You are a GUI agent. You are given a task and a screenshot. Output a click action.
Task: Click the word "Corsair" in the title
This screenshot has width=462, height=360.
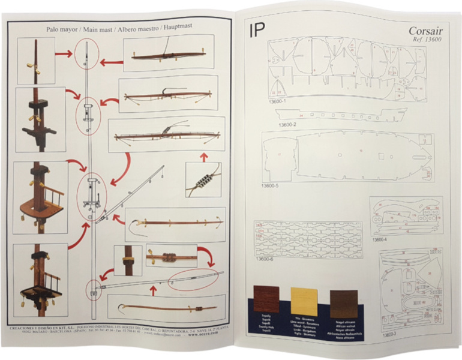(426, 31)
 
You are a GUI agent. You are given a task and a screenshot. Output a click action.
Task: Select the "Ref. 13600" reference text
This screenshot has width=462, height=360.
(426, 40)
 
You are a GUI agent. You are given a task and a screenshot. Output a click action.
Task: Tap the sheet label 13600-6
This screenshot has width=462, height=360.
(265, 260)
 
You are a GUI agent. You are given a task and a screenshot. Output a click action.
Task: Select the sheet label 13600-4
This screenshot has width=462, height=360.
(381, 239)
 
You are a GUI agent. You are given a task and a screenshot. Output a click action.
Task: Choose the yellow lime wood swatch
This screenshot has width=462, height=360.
(304, 301)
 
